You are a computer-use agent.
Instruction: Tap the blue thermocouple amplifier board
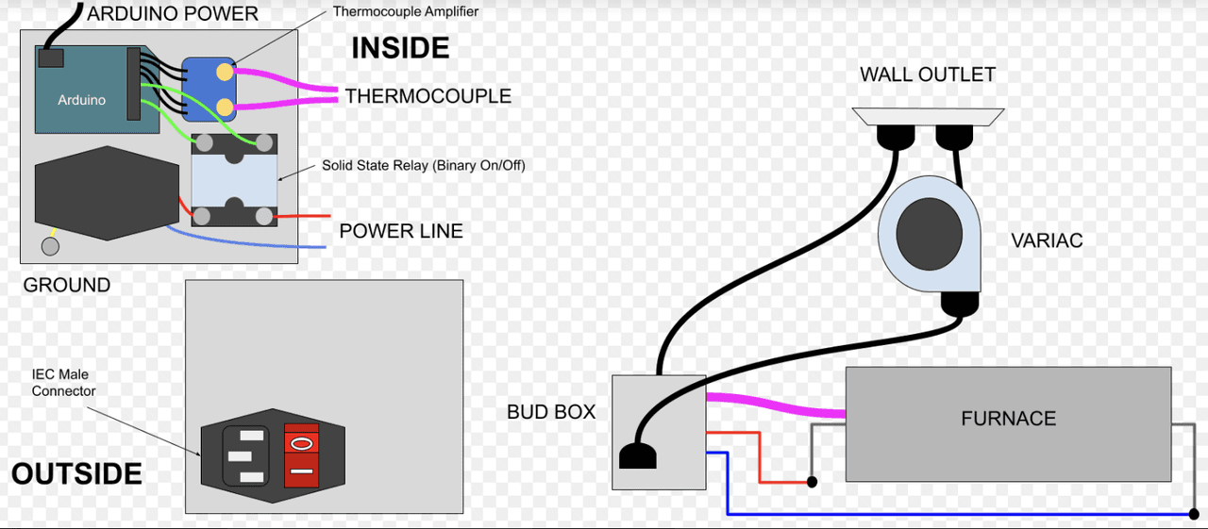coord(208,90)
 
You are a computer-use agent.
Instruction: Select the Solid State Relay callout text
coord(423,165)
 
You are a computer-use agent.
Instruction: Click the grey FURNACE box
coord(1008,423)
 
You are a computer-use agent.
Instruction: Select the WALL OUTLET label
coord(927,74)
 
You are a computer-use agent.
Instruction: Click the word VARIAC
coord(1047,240)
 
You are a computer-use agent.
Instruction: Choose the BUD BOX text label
coord(551,411)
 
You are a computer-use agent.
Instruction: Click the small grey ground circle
coord(50,246)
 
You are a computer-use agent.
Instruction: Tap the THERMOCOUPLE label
coord(428,96)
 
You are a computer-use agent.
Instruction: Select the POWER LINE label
coord(401,231)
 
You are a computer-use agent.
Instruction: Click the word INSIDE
coord(400,48)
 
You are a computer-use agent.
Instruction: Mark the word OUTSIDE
coord(76,473)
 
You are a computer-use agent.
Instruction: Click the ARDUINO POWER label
coord(173,14)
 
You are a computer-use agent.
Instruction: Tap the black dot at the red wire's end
coord(812,482)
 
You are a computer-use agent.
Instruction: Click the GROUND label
coord(66,285)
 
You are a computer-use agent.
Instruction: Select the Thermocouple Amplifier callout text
coord(406,12)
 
